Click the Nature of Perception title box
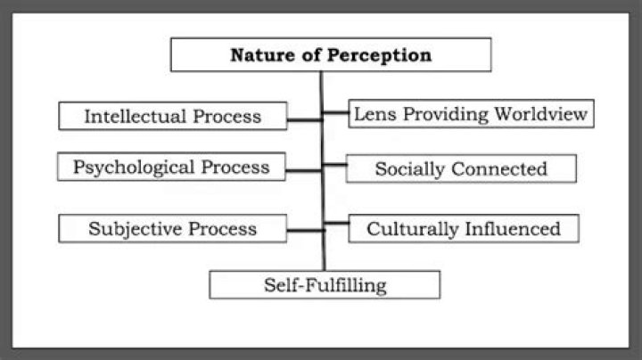point(330,55)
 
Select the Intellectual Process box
point(173,116)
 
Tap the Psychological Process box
point(171,167)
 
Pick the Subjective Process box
point(172,228)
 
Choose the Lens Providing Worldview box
point(470,114)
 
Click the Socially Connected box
point(461,168)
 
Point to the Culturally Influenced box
point(464,228)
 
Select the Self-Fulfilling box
point(325,284)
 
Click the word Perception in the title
point(380,55)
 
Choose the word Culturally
point(413,228)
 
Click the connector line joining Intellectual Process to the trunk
point(304,119)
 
